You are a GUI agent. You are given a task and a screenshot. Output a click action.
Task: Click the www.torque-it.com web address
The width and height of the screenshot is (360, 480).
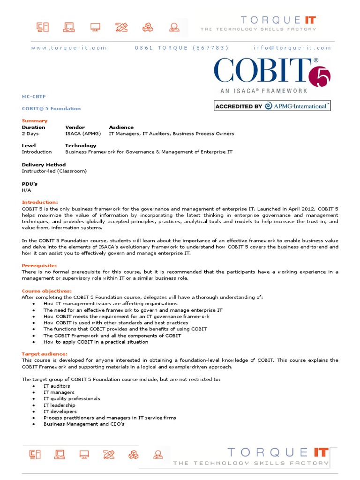click(68, 48)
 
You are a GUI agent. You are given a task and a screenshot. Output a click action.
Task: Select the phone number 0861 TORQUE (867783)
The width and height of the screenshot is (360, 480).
click(181, 48)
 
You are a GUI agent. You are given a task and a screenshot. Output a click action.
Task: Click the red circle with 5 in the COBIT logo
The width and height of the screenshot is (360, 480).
click(320, 75)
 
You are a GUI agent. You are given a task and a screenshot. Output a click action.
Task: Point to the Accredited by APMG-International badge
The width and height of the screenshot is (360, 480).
click(272, 106)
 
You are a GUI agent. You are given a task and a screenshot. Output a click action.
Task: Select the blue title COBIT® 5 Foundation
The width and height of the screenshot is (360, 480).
click(51, 109)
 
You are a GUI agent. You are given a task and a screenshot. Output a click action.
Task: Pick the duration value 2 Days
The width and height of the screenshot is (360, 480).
click(30, 134)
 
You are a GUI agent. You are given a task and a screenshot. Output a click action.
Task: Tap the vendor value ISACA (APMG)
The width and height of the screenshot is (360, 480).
click(83, 134)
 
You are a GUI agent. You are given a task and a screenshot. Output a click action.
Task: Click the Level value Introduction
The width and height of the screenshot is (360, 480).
click(37, 152)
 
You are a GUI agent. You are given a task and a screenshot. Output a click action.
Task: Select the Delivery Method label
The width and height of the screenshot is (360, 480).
click(44, 165)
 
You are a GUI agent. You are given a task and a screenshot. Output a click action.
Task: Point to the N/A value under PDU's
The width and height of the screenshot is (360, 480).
click(26, 190)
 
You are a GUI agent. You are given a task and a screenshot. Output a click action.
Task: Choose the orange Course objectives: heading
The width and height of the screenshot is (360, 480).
click(47, 291)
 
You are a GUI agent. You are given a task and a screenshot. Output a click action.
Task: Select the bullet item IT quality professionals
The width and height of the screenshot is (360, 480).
click(72, 399)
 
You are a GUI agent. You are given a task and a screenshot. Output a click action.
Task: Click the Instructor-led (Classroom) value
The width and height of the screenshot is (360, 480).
click(54, 171)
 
